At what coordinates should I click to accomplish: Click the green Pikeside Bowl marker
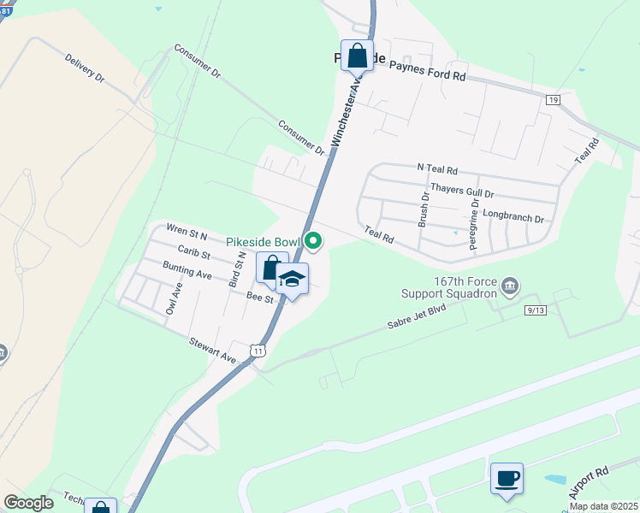[313, 242]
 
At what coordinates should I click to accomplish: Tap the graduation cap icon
[292, 280]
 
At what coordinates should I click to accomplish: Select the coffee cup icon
[507, 477]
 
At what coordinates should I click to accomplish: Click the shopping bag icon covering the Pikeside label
[357, 56]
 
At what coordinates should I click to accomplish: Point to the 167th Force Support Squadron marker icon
[510, 285]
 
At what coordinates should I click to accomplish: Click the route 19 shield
[554, 101]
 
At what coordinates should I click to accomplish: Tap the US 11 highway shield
[258, 350]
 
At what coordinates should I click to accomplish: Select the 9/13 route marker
[535, 310]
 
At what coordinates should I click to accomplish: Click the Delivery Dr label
[84, 68]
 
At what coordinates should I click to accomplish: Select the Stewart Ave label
[213, 349]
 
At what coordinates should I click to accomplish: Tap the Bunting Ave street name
[187, 271]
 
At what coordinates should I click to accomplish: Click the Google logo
[28, 503]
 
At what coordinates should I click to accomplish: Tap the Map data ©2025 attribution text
[602, 506]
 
